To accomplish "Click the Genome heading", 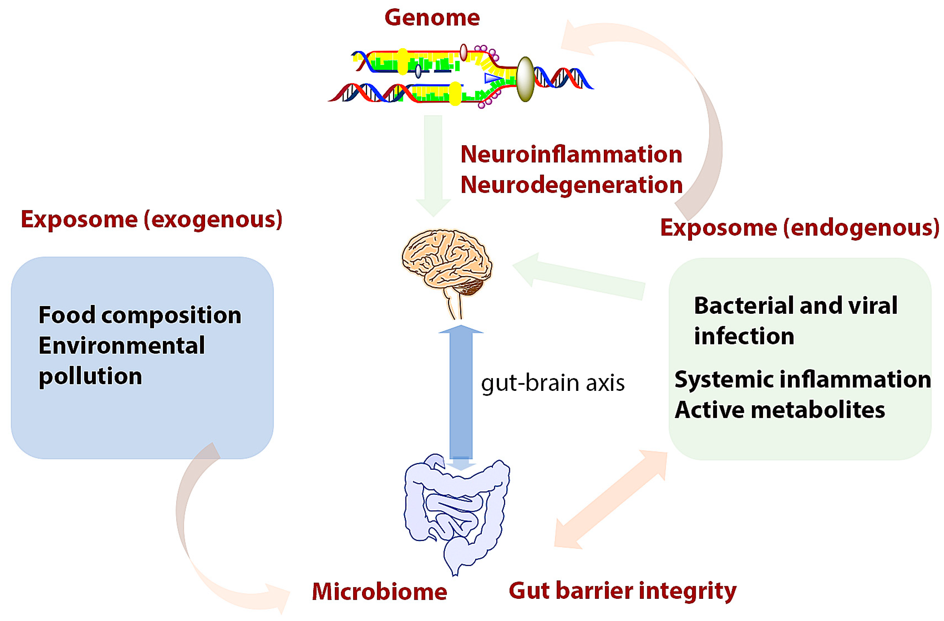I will pos(432,18).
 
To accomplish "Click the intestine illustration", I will pos(456,512).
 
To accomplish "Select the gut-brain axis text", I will pos(553,383).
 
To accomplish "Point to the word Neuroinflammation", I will pos(571,154).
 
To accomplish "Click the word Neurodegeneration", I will pos(571,185).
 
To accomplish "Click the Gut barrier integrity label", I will pos(622,591).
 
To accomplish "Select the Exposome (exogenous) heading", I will pos(152,219).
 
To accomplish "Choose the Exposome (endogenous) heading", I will pos(799,228).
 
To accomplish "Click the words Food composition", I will pos(139,315).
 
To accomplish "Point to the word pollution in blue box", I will pos(90,376).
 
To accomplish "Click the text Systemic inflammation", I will pos(802,379).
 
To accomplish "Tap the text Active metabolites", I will pos(780,410).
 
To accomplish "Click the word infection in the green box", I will pos(744,336).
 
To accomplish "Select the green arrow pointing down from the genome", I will pos(433,163).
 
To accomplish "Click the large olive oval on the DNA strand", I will pos(525,79).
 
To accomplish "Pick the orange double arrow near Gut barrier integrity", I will pos(611,500).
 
